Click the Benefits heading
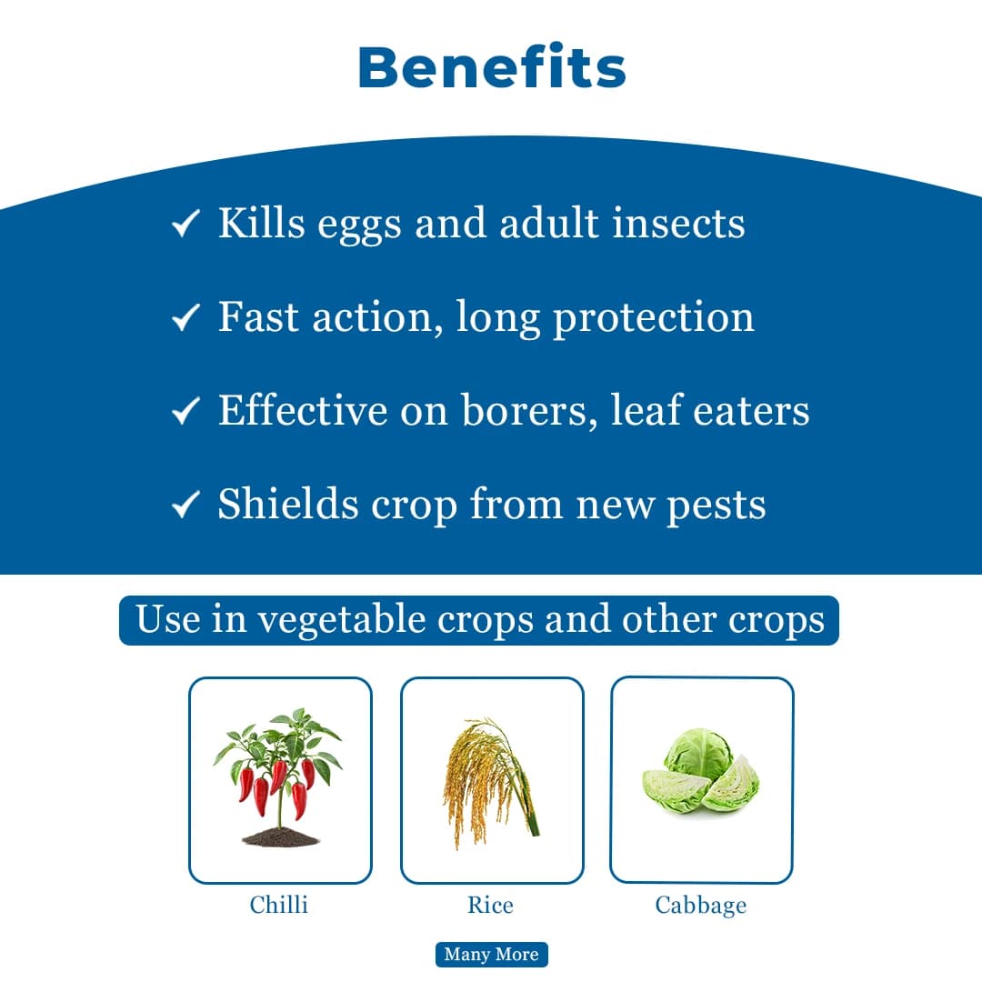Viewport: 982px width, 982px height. click(491, 68)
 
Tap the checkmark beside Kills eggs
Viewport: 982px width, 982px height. click(185, 224)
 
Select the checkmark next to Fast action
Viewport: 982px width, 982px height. click(185, 317)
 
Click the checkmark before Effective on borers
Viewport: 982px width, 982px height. click(185, 412)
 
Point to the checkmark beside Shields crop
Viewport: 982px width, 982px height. click(185, 505)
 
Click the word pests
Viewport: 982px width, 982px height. click(716, 506)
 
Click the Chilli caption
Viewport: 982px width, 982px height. click(279, 905)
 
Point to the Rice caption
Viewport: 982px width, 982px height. click(490, 905)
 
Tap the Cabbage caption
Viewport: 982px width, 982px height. click(700, 905)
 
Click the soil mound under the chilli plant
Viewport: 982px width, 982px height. click(280, 837)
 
